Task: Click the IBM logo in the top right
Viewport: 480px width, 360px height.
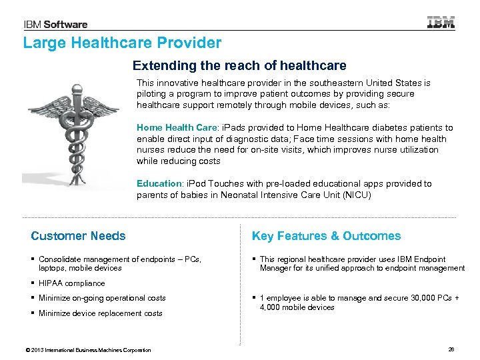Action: click(x=441, y=23)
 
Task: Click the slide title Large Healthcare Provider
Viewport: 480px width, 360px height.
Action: click(x=122, y=43)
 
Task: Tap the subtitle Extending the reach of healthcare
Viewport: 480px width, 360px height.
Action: click(x=239, y=66)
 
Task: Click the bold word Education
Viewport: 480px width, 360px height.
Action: click(x=158, y=183)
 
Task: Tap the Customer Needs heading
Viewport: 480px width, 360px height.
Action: click(x=78, y=236)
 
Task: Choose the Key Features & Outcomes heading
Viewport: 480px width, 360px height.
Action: click(x=326, y=236)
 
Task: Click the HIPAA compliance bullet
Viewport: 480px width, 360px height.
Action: click(x=71, y=283)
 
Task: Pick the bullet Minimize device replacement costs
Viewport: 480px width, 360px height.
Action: click(x=100, y=313)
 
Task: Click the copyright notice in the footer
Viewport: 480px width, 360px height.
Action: click(x=87, y=350)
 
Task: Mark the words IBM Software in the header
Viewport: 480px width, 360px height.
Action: click(x=56, y=25)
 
